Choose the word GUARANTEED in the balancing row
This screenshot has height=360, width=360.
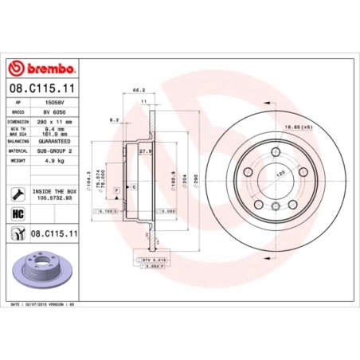(x=53, y=141)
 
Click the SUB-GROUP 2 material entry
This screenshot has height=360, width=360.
(x=53, y=150)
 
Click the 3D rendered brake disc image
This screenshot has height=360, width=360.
(x=42, y=268)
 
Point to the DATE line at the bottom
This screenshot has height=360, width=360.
(x=41, y=305)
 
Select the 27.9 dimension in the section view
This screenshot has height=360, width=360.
(x=145, y=151)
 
